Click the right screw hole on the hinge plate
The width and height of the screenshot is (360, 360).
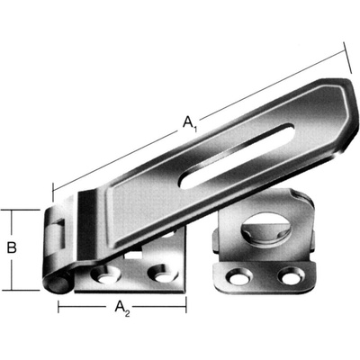point(161,271)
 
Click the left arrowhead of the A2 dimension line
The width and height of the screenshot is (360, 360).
point(61,307)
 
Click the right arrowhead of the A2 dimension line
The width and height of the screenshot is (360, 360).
point(184,307)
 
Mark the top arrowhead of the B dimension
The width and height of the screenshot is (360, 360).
point(12,210)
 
